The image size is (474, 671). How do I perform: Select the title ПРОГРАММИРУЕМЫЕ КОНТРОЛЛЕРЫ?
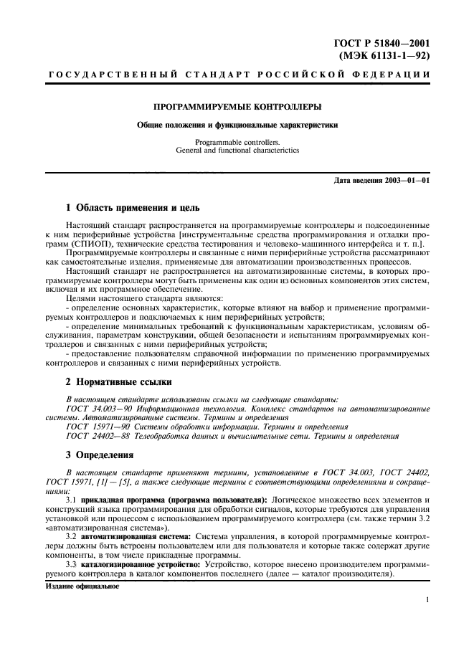pos(237,106)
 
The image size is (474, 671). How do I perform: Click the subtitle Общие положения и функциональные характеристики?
pos(237,125)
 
